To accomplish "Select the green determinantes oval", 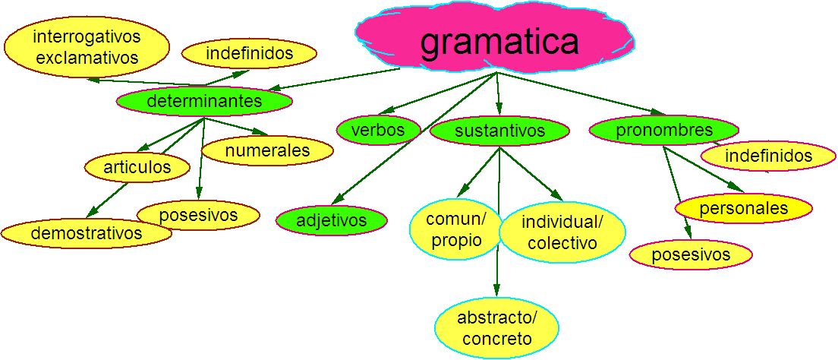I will [204, 100].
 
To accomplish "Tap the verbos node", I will [378, 130].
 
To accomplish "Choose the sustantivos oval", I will [499, 131].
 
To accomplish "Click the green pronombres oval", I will [663, 129].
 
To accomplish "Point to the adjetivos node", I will [331, 220].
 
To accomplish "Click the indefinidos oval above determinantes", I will [249, 54].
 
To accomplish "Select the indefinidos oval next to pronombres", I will [767, 156].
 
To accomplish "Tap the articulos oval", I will [137, 167].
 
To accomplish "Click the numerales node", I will [267, 150].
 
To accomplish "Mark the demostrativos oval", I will [86, 233].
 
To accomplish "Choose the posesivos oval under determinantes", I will [199, 215].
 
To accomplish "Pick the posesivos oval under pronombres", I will [691, 254].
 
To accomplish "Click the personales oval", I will [744, 207].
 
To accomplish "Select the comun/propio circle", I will [455, 230].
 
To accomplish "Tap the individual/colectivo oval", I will [562, 232].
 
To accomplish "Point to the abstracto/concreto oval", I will [496, 327].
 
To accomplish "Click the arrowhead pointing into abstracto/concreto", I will [496, 290].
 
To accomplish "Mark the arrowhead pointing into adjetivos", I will [337, 198].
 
